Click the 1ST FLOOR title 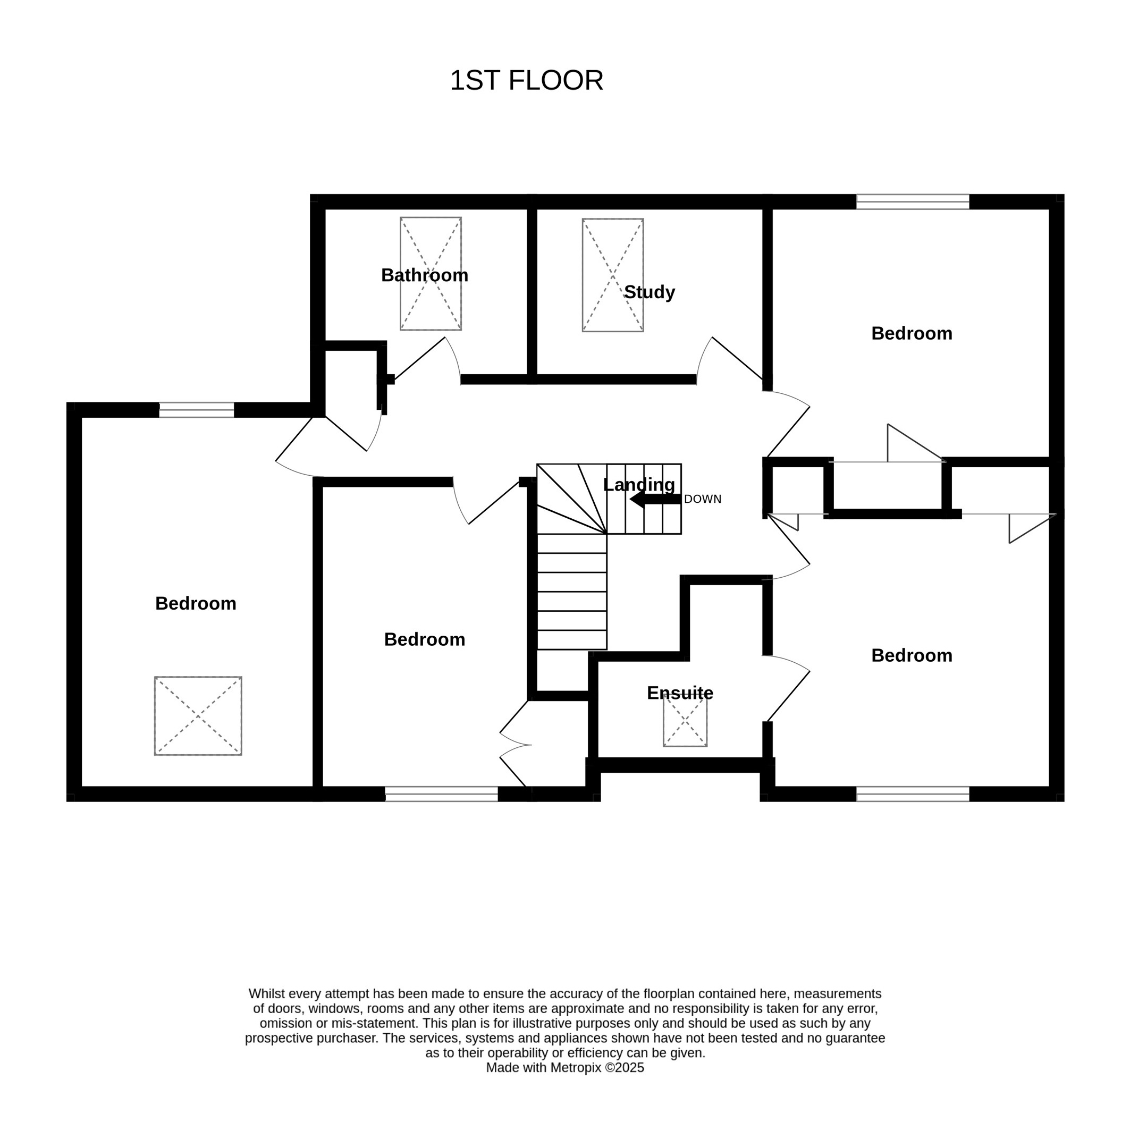[526, 80]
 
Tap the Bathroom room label [425, 275]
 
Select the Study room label [649, 292]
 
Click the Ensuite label [680, 693]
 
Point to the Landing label [639, 485]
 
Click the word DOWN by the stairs [703, 499]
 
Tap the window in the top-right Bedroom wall [913, 202]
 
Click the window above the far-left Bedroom [197, 410]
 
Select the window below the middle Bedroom [442, 794]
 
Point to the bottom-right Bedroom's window [913, 794]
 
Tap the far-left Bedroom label [196, 604]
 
